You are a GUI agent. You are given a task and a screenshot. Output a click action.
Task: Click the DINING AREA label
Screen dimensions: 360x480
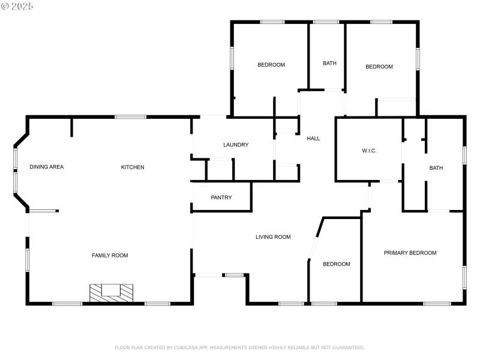click(46, 167)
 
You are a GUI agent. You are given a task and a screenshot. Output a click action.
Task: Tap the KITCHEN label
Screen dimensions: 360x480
click(133, 167)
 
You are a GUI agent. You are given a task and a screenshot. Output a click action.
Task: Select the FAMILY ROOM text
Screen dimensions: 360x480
click(110, 256)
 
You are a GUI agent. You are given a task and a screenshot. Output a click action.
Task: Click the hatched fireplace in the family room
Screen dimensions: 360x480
click(111, 292)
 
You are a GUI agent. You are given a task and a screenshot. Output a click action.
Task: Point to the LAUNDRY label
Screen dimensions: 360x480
click(236, 145)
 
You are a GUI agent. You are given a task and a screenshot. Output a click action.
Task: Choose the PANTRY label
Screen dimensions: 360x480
click(221, 197)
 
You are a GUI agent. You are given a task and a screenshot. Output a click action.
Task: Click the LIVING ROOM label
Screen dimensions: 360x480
click(273, 237)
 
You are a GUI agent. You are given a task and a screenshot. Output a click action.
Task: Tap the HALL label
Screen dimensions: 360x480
click(313, 139)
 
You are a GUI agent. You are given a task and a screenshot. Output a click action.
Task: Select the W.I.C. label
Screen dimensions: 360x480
click(369, 151)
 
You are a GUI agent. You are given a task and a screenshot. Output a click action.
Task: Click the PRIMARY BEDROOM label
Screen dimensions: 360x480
click(410, 253)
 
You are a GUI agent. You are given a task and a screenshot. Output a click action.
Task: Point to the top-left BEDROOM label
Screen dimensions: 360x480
click(271, 65)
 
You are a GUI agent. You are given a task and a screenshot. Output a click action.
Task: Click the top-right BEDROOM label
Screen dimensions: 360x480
click(379, 67)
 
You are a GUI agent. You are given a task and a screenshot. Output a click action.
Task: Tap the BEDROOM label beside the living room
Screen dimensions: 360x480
click(336, 264)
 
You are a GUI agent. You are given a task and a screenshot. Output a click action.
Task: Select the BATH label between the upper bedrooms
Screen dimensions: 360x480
click(329, 63)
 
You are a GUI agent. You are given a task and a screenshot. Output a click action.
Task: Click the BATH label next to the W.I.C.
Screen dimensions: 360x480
click(436, 168)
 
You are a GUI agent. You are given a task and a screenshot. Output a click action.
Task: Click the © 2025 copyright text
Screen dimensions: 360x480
click(17, 6)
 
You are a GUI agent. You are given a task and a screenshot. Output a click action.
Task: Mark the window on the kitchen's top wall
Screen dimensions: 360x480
click(130, 116)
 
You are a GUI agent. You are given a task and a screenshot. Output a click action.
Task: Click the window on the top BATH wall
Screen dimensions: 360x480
click(326, 22)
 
